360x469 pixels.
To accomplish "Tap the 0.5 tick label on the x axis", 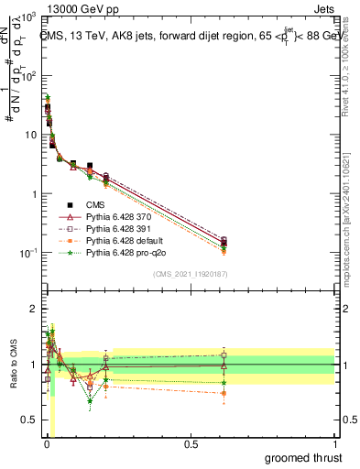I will [x=191, y=444].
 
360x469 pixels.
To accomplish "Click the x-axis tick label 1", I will [x=334, y=444].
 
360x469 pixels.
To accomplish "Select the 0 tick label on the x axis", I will [x=46, y=444].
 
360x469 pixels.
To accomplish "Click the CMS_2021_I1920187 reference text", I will [x=189, y=274].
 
